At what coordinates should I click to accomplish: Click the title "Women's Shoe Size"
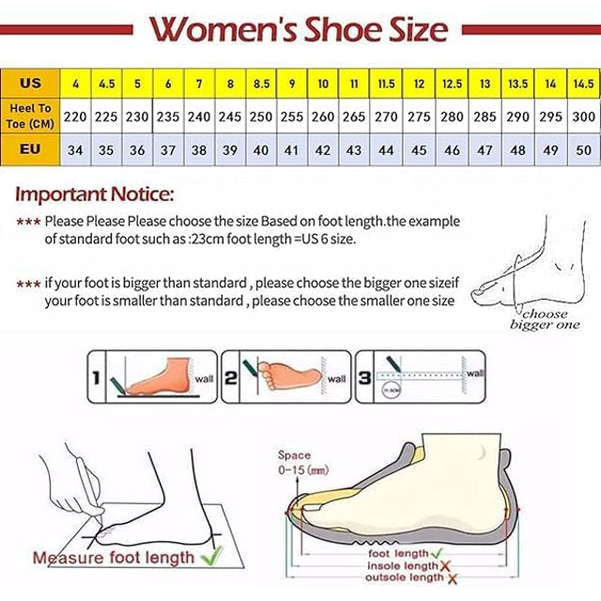[300, 29]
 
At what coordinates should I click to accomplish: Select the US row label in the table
[30, 84]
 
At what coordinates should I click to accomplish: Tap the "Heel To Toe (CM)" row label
[30, 116]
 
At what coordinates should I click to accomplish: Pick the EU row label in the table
[30, 149]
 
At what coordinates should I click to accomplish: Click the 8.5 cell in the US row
[261, 84]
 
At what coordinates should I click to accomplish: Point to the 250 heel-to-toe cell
[261, 116]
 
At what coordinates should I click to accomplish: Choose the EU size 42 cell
[323, 149]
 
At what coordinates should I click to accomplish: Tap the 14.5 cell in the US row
[582, 84]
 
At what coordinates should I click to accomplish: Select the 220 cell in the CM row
[76, 116]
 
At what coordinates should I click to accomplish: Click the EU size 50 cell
[582, 149]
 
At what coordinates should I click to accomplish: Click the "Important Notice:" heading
[94, 195]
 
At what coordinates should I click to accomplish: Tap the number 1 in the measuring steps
[96, 378]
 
